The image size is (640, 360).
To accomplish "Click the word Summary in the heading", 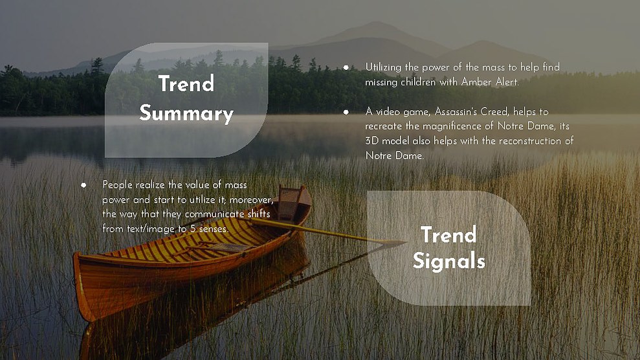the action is pos(186,113).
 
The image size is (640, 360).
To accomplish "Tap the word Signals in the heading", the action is pos(448,261).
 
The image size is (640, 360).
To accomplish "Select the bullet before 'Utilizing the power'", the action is pos(346,68).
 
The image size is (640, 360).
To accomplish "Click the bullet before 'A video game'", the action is pos(346,112).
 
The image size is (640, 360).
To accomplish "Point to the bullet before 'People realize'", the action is pos(83,185).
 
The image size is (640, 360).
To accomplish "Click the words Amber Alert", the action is pos(490,82).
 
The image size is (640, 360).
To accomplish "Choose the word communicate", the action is pos(215,214).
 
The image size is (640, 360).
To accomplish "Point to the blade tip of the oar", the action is pos(405,242).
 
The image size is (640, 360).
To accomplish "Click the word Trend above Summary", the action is pos(186,84).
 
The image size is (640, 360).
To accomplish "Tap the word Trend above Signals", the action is pos(448,234).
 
